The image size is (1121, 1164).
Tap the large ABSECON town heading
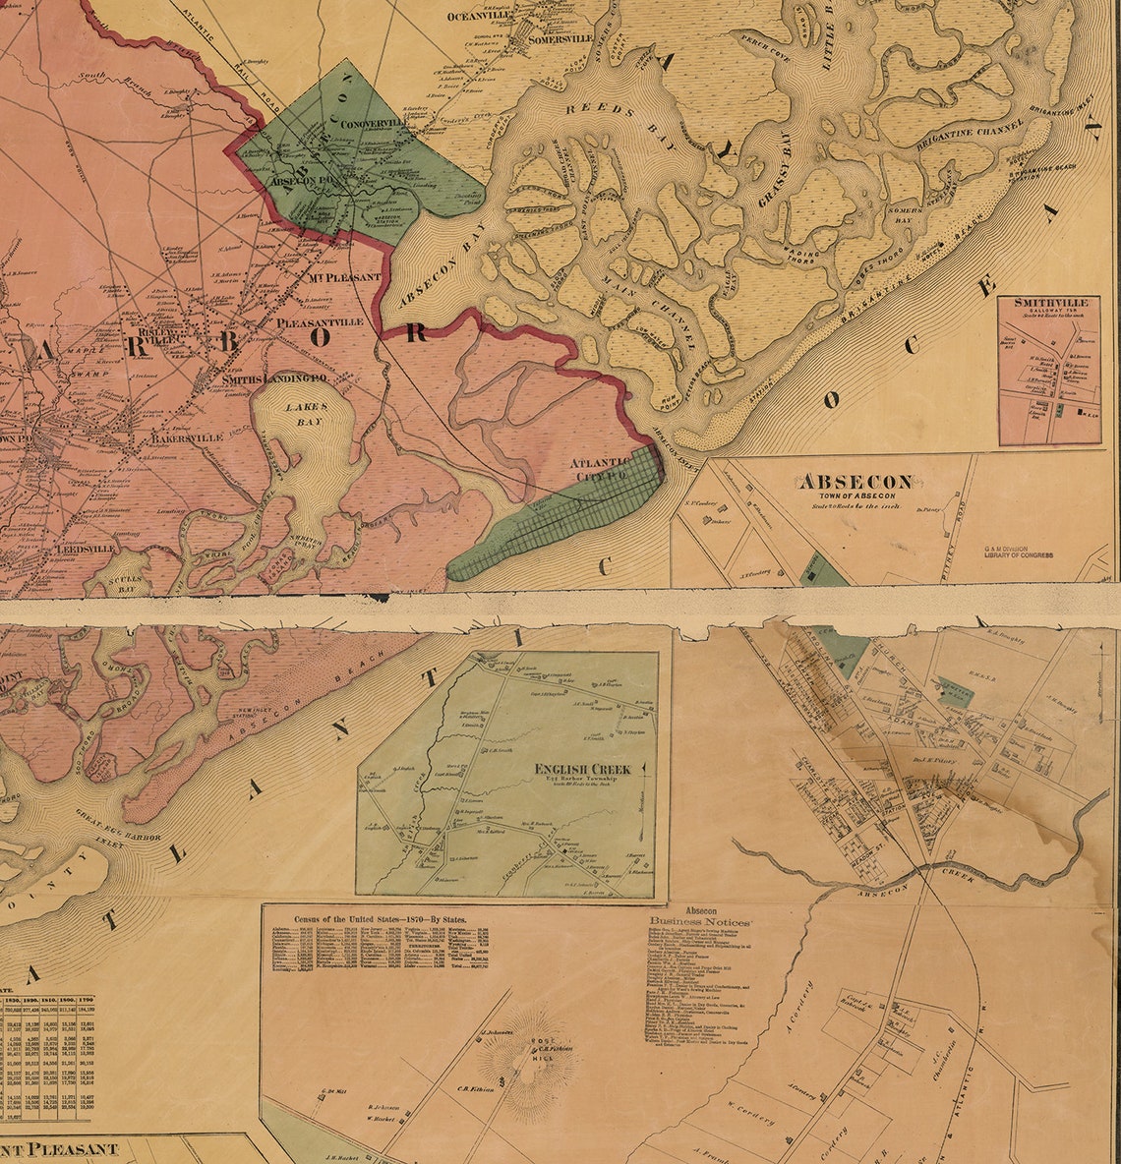[855, 483]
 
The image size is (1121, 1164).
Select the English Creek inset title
[583, 769]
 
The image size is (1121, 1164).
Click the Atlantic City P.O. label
[604, 469]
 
